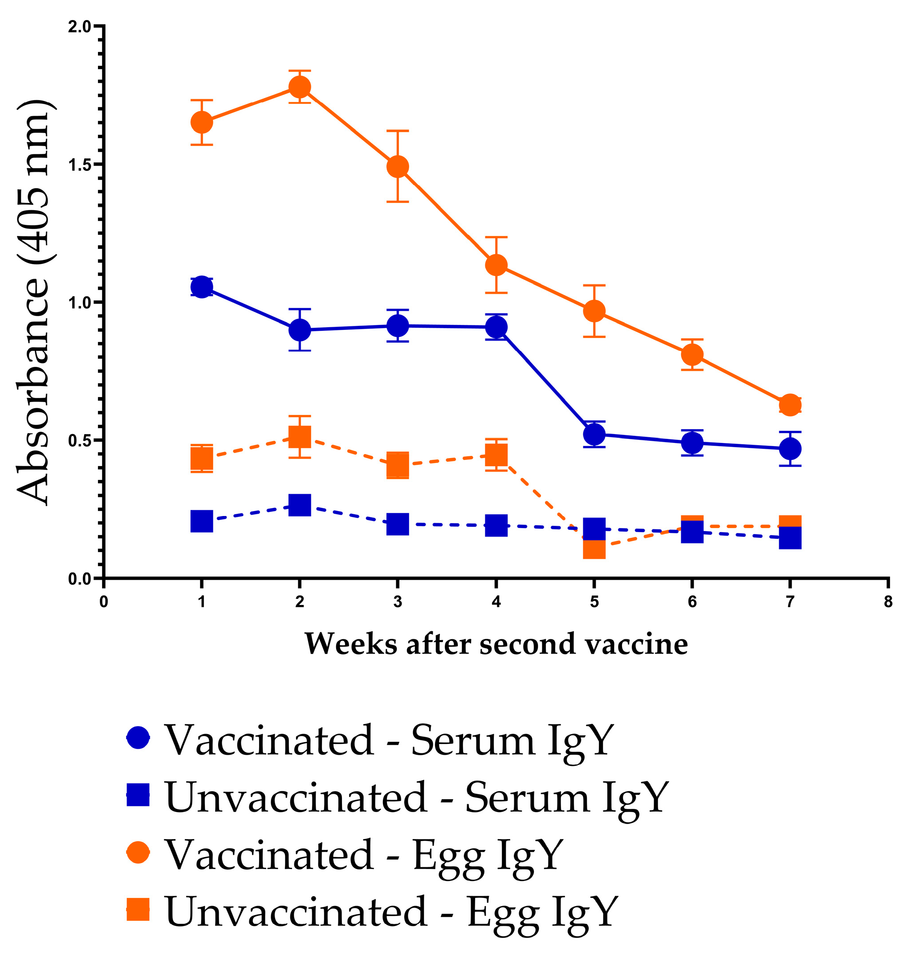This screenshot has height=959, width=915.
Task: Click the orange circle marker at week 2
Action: coord(300,87)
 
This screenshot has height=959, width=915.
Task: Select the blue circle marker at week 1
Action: coord(201,287)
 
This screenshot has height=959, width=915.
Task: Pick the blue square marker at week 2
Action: coord(300,505)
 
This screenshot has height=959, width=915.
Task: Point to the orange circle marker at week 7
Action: coord(790,405)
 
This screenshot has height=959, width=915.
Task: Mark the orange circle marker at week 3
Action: coord(398,167)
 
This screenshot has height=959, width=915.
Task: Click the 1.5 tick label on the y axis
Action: coord(80,165)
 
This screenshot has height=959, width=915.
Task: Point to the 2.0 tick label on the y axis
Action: coord(80,27)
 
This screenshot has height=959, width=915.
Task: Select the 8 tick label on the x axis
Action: coord(888,602)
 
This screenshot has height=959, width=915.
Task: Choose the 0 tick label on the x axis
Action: coord(103,602)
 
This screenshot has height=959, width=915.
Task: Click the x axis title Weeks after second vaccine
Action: coord(496,644)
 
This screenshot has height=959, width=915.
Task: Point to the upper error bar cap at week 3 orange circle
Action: coord(398,131)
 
